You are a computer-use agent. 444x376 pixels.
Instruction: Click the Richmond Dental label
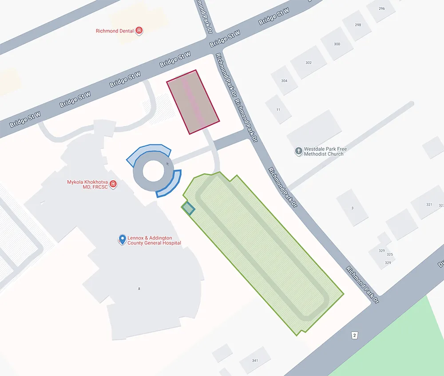point(115,31)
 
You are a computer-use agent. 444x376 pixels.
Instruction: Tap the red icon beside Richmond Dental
point(139,31)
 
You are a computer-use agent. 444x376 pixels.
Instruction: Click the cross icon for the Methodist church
point(299,151)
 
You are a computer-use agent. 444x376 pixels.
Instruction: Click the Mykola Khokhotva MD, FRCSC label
point(88,185)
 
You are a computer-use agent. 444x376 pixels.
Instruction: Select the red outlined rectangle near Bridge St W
point(193,102)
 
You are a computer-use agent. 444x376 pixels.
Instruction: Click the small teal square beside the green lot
point(189,208)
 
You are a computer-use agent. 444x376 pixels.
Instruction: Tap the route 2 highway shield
point(354,335)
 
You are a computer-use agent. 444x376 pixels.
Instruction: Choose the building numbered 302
point(309,63)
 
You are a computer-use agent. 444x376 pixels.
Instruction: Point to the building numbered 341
point(255,360)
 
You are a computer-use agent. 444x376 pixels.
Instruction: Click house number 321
point(429,205)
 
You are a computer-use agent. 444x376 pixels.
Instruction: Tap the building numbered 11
point(278,109)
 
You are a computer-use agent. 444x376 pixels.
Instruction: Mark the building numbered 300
point(337,44)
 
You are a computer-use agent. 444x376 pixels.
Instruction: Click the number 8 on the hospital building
point(139,289)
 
